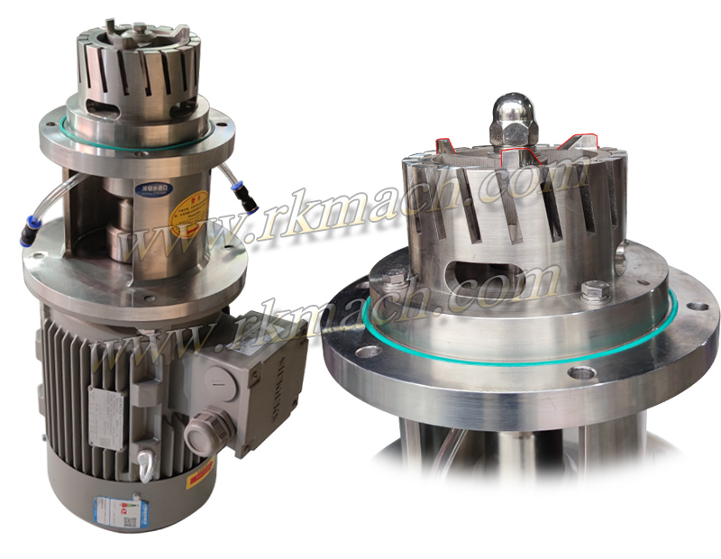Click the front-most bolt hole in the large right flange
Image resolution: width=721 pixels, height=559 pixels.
pyautogui.click(x=582, y=371)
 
